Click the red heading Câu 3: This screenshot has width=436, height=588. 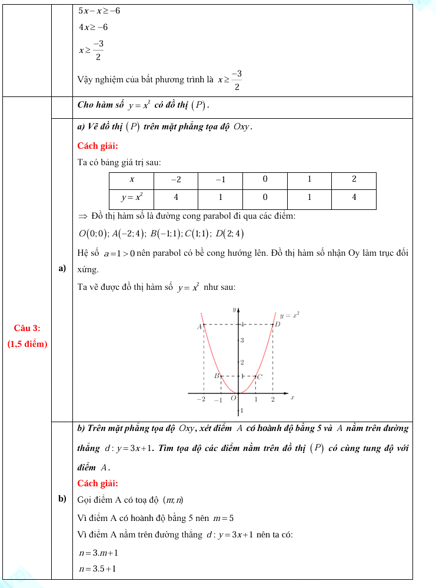pyautogui.click(x=27, y=328)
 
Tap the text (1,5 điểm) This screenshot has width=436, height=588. pyautogui.click(x=27, y=344)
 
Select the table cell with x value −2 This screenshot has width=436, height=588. pyautogui.click(x=176, y=179)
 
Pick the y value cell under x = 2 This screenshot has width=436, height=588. pyautogui.click(x=354, y=198)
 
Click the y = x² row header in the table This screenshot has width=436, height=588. pyautogui.click(x=131, y=198)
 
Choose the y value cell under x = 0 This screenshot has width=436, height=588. pyautogui.click(x=265, y=198)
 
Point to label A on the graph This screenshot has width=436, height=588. pyautogui.click(x=199, y=326)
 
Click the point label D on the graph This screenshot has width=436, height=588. pyautogui.click(x=278, y=324)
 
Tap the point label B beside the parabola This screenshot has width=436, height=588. pyautogui.click(x=216, y=376)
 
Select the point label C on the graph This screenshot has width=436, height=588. pyautogui.click(x=259, y=376)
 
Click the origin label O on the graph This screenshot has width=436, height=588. pyautogui.click(x=233, y=399)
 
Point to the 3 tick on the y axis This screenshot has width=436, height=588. pyautogui.click(x=242, y=341)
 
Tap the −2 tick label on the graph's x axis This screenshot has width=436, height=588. pyautogui.click(x=201, y=399)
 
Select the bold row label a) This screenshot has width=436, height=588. pyautogui.click(x=61, y=269)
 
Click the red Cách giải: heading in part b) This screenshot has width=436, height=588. pyautogui.click(x=98, y=483)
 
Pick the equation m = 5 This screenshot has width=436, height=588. pyautogui.click(x=223, y=518)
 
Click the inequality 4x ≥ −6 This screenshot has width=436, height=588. pyautogui.click(x=93, y=28)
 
